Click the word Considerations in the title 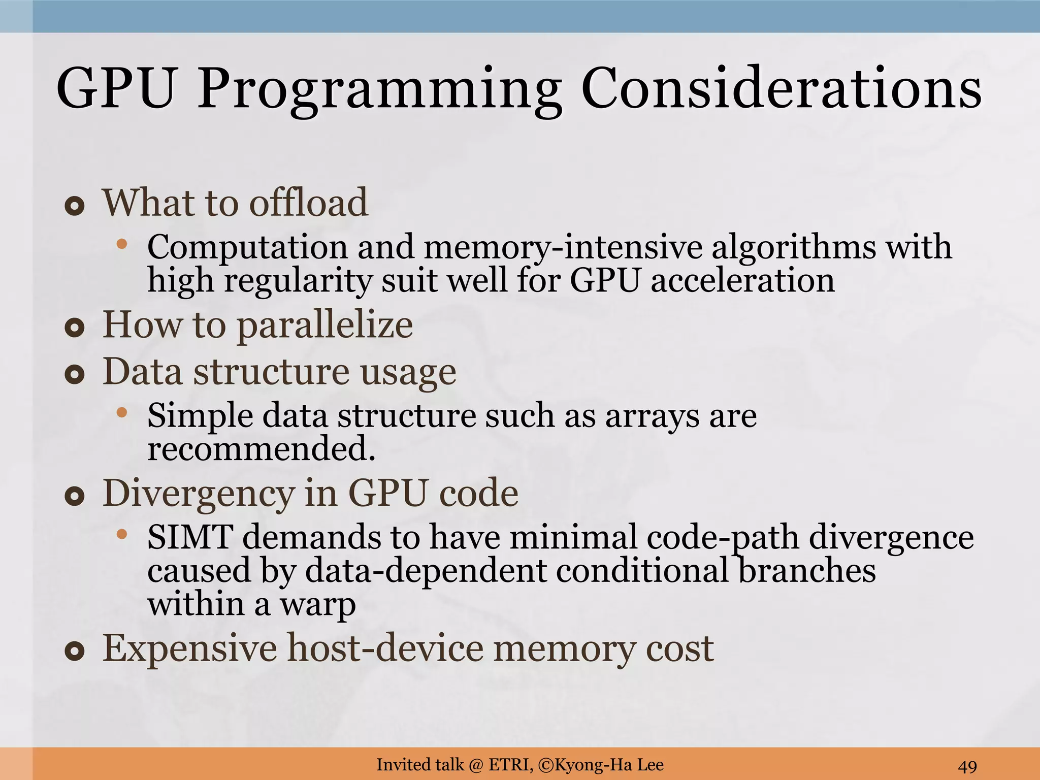781,89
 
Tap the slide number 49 967,766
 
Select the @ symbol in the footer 476,765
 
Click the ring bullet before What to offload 75,207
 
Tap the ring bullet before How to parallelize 75,329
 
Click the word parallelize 325,326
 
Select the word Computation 247,247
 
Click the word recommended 261,448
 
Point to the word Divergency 199,494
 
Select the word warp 318,604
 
